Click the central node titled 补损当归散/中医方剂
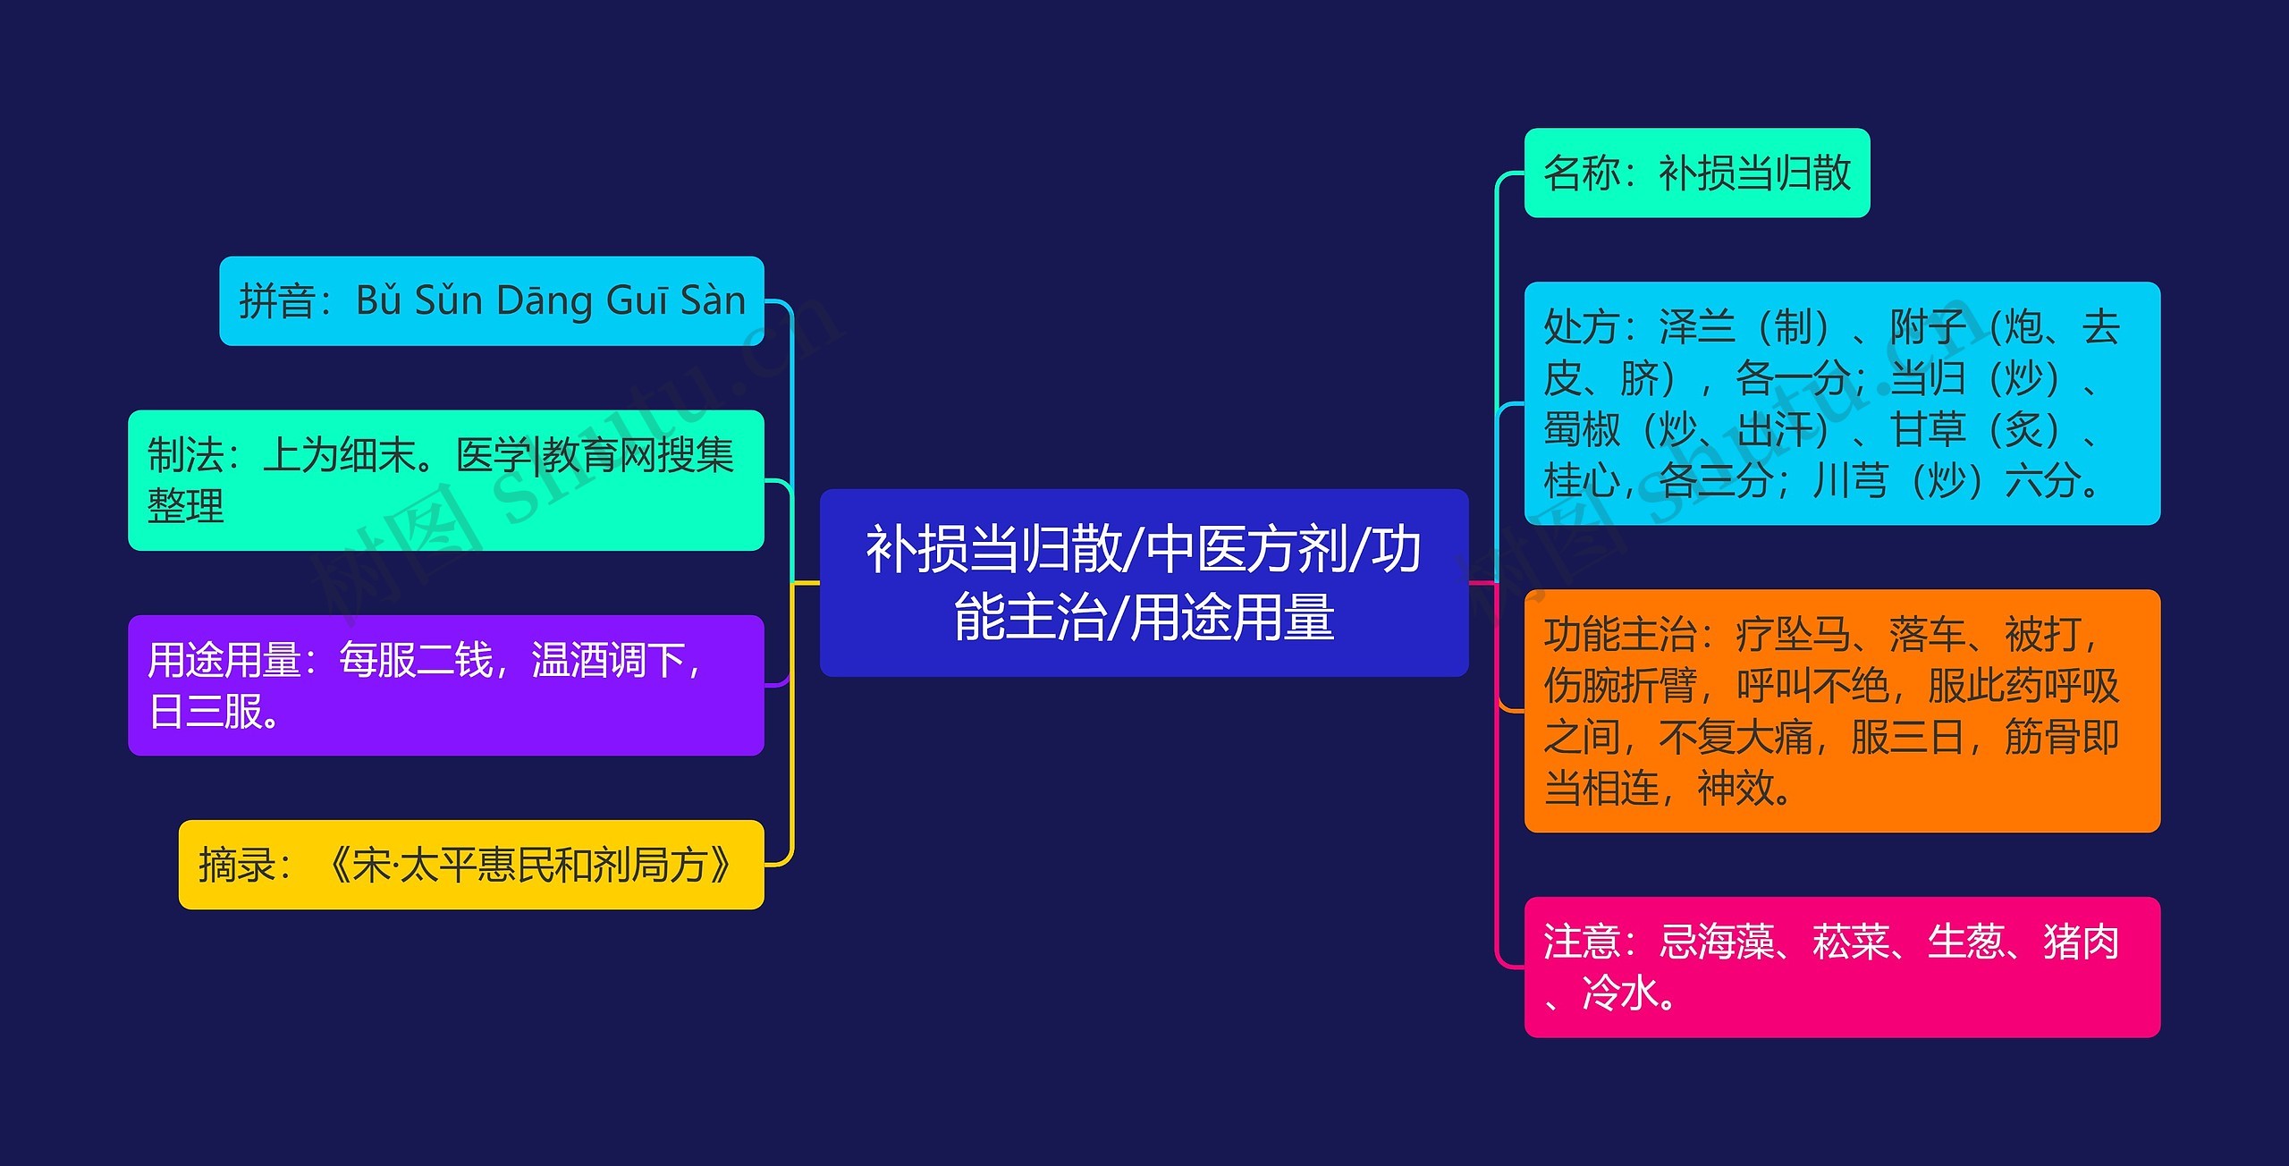point(1143,582)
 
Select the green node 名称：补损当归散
point(1695,173)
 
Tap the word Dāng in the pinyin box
point(545,300)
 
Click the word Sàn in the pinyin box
point(713,300)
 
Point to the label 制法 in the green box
point(185,455)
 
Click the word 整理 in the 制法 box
point(185,506)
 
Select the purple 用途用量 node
point(445,685)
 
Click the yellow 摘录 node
point(470,865)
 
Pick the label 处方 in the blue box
point(1581,327)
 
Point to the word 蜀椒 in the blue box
point(1581,430)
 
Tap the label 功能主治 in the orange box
point(1619,635)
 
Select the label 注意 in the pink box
point(1581,942)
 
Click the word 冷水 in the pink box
point(1619,993)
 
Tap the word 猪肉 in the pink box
point(2081,942)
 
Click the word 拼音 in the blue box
point(276,301)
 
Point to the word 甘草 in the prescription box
point(1927,430)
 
